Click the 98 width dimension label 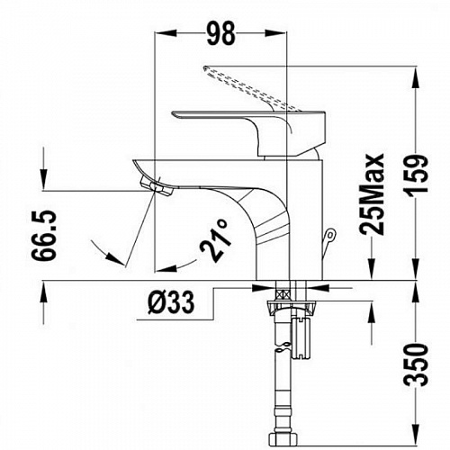click(221, 33)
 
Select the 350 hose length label click(416, 364)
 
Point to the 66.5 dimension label click(44, 235)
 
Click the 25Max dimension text click(372, 194)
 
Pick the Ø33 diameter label click(171, 302)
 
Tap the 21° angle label click(216, 240)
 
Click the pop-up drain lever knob click(330, 234)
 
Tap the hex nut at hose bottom click(283, 440)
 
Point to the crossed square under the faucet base click(283, 294)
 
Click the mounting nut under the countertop click(291, 308)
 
